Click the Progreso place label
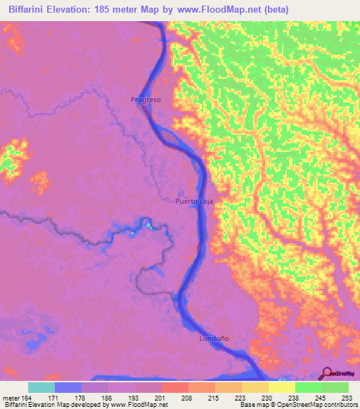(146, 100)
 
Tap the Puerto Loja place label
(193, 201)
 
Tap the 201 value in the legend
(160, 398)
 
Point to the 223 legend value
(240, 398)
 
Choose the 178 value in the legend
(81, 398)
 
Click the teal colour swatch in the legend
(41, 387)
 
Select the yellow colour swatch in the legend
(281, 387)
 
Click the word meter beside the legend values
(10, 398)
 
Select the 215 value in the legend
(213, 398)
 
